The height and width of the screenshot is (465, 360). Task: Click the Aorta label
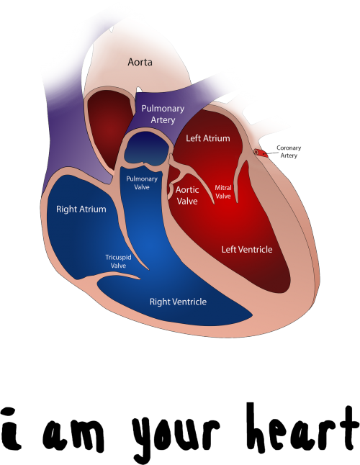[140, 62]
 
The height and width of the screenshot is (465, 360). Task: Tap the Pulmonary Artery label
[163, 114]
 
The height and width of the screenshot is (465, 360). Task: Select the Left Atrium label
[208, 138]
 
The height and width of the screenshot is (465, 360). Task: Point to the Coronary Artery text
[289, 152]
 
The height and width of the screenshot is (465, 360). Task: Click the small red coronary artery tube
[261, 153]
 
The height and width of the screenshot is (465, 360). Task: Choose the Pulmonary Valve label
[142, 183]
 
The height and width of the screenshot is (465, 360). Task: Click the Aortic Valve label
[187, 196]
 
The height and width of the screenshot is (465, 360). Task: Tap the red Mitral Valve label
[223, 192]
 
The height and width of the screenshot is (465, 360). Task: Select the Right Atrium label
[81, 209]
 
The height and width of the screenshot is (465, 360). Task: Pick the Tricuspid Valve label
[118, 261]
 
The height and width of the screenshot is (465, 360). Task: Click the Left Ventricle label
[247, 249]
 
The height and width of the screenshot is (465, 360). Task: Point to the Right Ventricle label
[178, 302]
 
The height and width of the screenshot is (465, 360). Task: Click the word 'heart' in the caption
[302, 428]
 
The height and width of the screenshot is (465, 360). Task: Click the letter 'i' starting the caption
[12, 428]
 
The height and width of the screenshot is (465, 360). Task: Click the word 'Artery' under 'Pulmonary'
[163, 120]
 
